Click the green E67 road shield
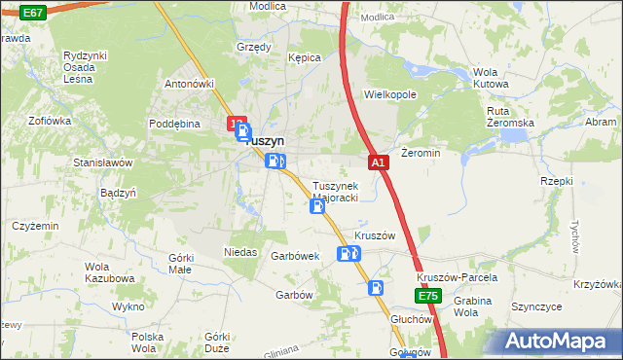pyautogui.click(x=32, y=13)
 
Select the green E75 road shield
pyautogui.click(x=428, y=296)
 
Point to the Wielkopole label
pyautogui.click(x=389, y=95)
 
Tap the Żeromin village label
pyautogui.click(x=421, y=154)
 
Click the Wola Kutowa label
pyautogui.click(x=491, y=78)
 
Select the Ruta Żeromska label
pyautogui.click(x=511, y=117)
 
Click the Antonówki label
pyautogui.click(x=189, y=83)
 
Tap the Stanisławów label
pyautogui.click(x=103, y=162)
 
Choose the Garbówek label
pyautogui.click(x=296, y=256)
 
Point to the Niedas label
pyautogui.click(x=240, y=252)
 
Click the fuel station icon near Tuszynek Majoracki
pyautogui.click(x=317, y=206)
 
